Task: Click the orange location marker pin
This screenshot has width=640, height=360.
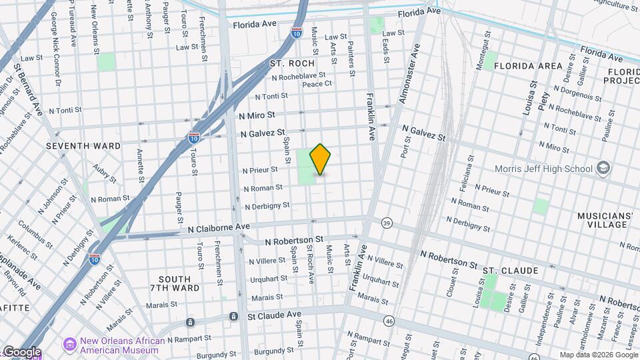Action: (321, 159)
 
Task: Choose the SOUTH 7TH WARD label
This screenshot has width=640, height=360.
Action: (179, 283)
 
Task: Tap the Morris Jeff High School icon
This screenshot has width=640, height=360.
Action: (604, 167)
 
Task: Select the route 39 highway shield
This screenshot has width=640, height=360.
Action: (386, 223)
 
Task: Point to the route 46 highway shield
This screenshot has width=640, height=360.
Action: (389, 321)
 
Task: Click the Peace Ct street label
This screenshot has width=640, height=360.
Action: (317, 84)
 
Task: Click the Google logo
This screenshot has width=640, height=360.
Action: (21, 351)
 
